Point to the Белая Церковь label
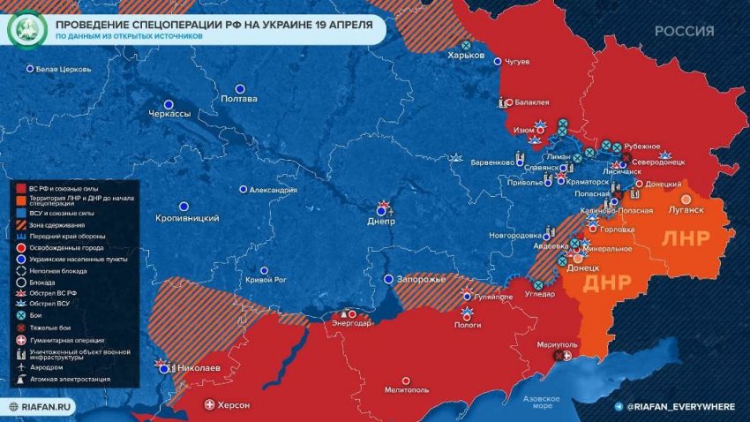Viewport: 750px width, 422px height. (63, 68)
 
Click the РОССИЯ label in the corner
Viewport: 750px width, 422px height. (684, 31)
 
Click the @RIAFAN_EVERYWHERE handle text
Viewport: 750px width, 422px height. (680, 406)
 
